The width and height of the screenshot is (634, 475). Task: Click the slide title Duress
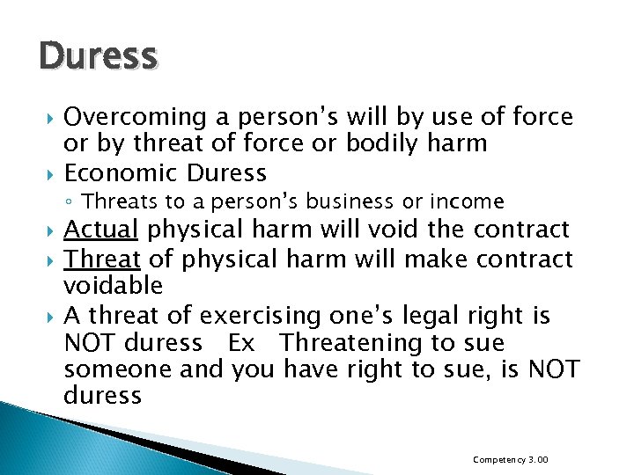click(x=98, y=56)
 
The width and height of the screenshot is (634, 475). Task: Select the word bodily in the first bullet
click(x=383, y=143)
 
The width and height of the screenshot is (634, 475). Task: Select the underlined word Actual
click(x=101, y=230)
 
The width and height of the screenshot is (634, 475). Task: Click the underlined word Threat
click(x=102, y=259)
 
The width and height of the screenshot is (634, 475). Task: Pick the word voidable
click(x=114, y=286)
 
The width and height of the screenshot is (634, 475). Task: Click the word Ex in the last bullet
click(x=240, y=342)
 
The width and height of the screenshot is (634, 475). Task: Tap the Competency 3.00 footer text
click(x=511, y=459)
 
